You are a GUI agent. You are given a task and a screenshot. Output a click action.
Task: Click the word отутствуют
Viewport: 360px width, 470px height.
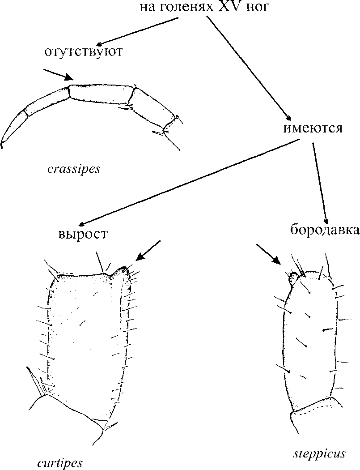pyautogui.click(x=83, y=51)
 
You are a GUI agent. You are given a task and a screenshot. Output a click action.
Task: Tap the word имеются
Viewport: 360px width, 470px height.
pyautogui.click(x=313, y=128)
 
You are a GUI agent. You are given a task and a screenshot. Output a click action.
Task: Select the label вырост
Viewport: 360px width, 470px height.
pyautogui.click(x=83, y=234)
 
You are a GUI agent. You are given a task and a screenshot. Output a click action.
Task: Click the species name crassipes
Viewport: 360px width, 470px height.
pyautogui.click(x=73, y=170)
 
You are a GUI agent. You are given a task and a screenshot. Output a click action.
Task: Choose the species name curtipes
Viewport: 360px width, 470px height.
pyautogui.click(x=60, y=462)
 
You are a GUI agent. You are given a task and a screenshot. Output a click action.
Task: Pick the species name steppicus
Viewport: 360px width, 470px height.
pyautogui.click(x=319, y=453)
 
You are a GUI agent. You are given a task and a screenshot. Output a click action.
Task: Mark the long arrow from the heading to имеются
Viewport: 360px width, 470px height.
pyautogui.click(x=246, y=67)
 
